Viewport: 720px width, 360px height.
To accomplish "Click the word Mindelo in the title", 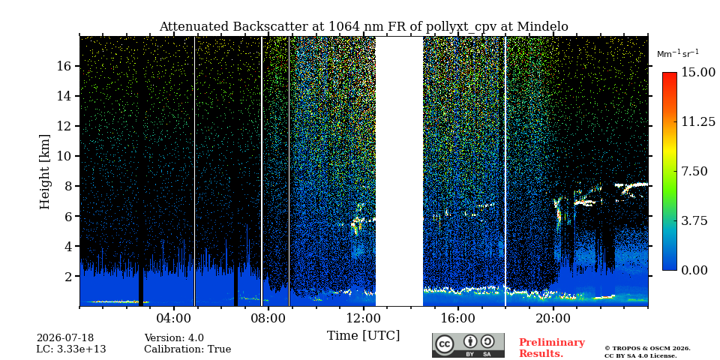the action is pos(543,27).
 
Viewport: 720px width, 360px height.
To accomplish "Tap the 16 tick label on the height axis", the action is pos(65,66).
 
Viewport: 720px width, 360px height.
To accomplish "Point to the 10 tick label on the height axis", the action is pos(65,156).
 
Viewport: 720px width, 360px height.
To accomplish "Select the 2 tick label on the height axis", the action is pos(69,277).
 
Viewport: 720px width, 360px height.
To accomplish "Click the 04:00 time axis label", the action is pos(173,318).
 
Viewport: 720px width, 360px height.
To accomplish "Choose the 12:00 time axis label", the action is pos(363,318).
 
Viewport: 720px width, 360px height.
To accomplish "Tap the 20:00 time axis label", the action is pos(553,318).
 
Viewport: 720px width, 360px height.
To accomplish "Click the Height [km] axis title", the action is pos(44,172).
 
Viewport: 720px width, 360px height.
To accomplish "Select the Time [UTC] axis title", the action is pos(363,336).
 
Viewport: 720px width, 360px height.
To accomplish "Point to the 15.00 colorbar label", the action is pos(698,73).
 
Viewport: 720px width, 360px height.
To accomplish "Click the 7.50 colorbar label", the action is pos(694,171).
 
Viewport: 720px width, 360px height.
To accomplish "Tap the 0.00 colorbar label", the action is pos(694,270).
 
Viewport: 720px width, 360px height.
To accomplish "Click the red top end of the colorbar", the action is pos(670,74).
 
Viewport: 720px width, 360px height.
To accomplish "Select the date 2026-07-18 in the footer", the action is pos(65,338).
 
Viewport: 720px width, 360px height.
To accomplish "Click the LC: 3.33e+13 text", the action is pos(71,349).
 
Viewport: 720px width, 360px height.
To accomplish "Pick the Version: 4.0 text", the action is pos(174,338).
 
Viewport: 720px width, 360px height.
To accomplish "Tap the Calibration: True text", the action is pos(187,349).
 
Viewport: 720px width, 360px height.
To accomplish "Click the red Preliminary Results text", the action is pos(552,348).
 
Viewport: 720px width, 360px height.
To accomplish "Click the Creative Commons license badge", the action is pos(468,345).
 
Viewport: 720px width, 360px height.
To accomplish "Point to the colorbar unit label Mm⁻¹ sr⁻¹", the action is pos(678,54).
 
